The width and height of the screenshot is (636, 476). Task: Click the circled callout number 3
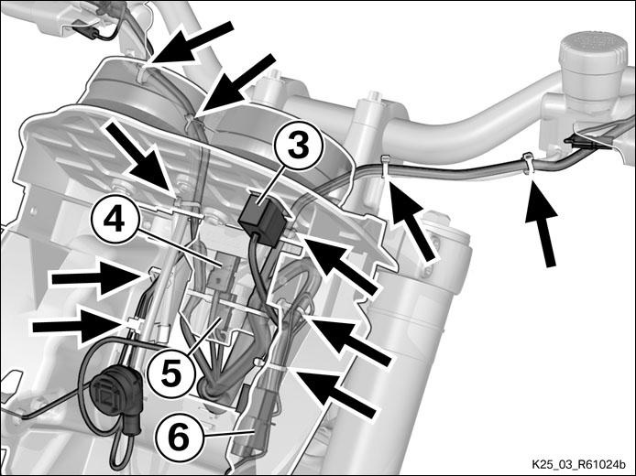click(x=299, y=146)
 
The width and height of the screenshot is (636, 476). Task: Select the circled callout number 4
click(x=115, y=222)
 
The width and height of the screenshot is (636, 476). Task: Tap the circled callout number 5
click(x=171, y=373)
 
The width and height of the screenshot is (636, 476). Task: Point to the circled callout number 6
click(x=179, y=438)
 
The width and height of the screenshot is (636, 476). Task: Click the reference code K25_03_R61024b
click(x=578, y=463)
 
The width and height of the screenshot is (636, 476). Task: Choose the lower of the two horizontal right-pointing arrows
click(x=78, y=326)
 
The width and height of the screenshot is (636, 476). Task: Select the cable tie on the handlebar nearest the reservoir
click(x=528, y=163)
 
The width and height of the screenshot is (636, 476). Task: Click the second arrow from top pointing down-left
click(x=238, y=83)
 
